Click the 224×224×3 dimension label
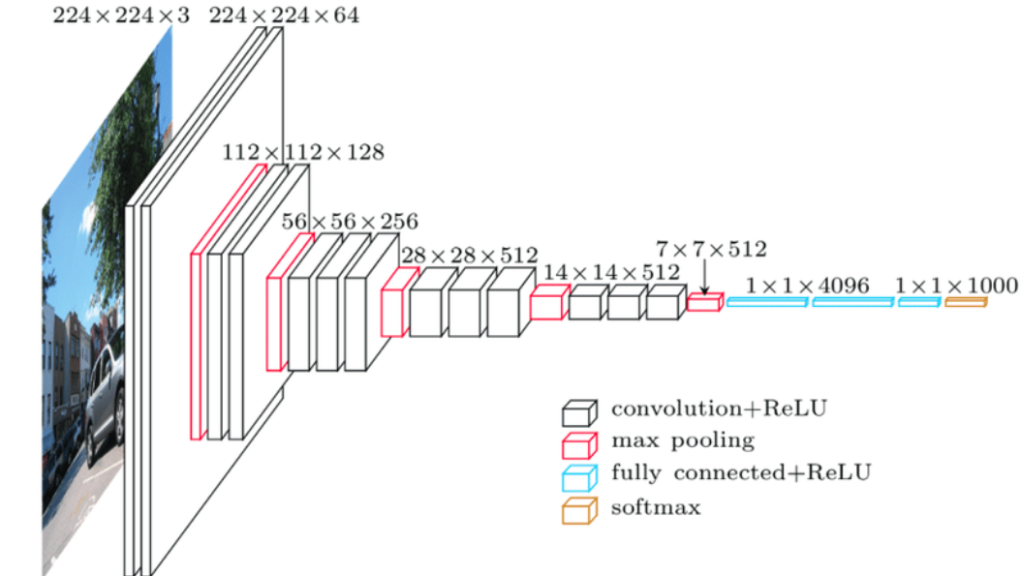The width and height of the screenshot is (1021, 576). click(122, 15)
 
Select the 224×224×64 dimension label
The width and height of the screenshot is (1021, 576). click(284, 15)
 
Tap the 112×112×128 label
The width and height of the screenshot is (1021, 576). click(303, 152)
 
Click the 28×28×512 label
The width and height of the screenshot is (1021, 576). click(469, 256)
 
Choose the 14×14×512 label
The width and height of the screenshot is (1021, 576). click(599, 273)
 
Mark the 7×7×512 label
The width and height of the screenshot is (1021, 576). click(711, 250)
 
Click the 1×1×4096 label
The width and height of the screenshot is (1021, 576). click(808, 286)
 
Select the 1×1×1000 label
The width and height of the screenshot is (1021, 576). click(956, 286)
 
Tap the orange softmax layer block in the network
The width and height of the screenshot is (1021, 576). click(966, 303)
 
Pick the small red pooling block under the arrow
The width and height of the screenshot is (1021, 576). click(704, 304)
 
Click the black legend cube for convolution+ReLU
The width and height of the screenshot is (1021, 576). click(577, 413)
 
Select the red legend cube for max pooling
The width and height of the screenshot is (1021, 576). click(577, 444)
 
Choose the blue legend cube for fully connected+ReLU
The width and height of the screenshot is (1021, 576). click(577, 476)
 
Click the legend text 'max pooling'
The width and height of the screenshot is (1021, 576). click(682, 441)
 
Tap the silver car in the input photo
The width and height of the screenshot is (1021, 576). click(106, 397)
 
